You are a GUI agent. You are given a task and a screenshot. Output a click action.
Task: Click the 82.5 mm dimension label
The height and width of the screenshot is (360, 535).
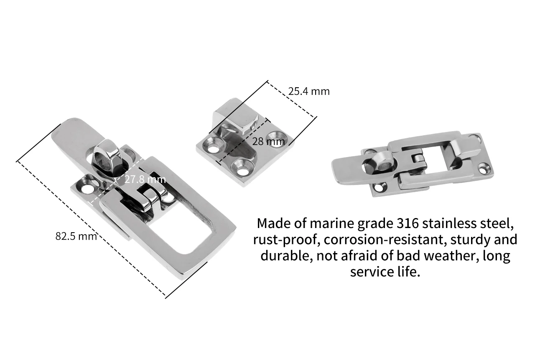coord(76,236)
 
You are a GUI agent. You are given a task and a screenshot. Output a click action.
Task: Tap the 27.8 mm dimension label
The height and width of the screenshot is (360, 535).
coord(145,180)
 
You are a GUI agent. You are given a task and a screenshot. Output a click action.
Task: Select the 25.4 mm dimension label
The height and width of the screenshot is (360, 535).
coord(308,91)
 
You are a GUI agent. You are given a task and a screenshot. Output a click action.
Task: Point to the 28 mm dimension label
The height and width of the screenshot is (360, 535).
coord(268,141)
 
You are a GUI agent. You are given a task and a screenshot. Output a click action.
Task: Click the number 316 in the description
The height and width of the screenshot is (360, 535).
coord(406,223)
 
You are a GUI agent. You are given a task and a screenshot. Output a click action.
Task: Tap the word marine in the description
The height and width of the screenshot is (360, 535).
coord(333,223)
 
